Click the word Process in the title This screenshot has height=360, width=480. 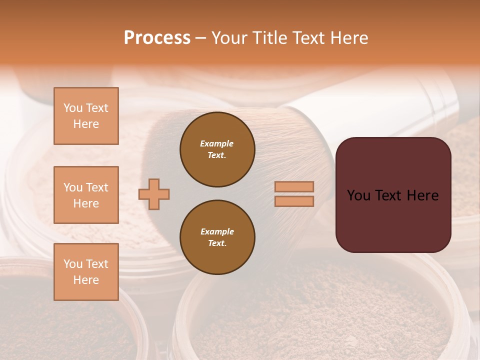157,38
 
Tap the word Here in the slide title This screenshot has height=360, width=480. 349,38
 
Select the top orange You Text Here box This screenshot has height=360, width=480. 86,116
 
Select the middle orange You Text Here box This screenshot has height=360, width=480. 86,195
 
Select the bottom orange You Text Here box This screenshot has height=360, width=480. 86,272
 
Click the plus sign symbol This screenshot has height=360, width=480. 154,194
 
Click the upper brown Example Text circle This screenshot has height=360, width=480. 217,149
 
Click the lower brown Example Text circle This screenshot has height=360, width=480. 217,237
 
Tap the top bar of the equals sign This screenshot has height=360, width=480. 294,186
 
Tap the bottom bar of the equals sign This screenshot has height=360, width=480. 294,201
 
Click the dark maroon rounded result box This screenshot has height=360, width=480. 393,220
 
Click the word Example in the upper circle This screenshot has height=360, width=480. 217,143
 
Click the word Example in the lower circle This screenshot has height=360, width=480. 217,231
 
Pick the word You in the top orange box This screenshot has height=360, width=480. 72,108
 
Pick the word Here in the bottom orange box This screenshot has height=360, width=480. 86,280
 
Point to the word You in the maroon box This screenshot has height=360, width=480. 358,195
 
